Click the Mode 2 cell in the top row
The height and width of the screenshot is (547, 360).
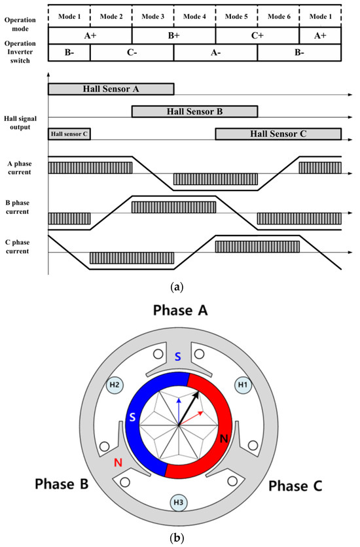[111, 15]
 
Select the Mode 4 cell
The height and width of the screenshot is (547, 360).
[194, 15]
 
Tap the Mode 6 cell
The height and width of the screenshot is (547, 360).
[278, 15]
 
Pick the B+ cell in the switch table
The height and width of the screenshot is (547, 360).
[173, 35]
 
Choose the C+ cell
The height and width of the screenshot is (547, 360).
[257, 35]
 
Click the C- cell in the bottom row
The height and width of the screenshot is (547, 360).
[132, 52]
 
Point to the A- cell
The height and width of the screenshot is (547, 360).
[215, 52]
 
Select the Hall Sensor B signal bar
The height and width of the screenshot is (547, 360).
[194, 111]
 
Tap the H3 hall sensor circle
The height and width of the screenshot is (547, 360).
[179, 503]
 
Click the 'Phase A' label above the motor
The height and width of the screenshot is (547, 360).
[178, 311]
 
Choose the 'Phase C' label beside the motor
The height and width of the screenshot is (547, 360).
[294, 485]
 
